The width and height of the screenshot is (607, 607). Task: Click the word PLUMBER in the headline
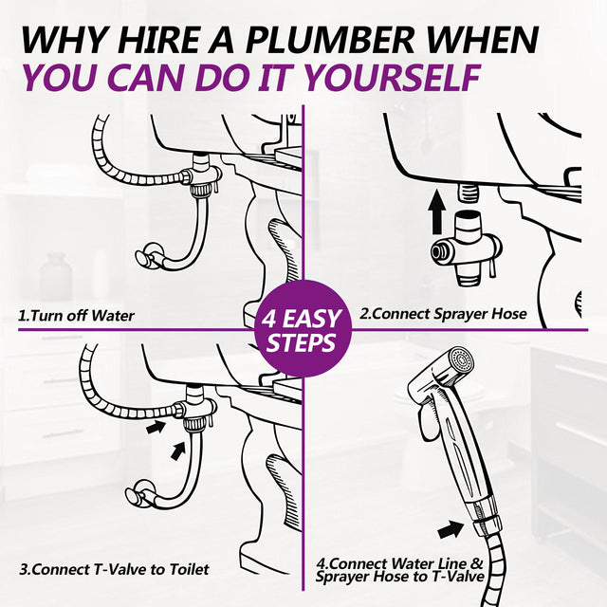tap(330, 40)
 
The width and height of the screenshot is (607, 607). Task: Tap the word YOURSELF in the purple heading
tap(391, 78)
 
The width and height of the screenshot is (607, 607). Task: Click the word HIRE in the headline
tap(159, 40)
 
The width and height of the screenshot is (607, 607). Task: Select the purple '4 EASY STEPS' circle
tap(303, 329)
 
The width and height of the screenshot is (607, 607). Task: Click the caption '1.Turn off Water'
tap(76, 316)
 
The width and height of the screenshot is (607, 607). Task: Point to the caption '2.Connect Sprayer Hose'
tap(443, 314)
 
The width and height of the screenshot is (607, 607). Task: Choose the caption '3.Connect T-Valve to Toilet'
tap(114, 569)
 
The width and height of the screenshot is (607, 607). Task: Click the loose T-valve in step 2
tap(467, 248)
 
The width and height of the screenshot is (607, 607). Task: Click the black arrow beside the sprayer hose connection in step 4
tap(451, 529)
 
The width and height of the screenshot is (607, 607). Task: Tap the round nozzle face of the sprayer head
tap(461, 359)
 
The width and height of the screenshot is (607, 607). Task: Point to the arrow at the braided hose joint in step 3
tap(156, 427)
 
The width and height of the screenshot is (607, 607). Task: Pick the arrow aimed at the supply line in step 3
tap(178, 451)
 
